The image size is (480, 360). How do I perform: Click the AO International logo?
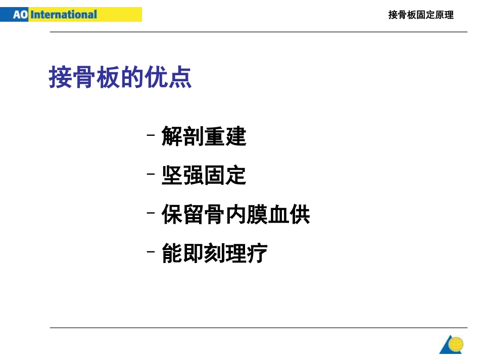pyautogui.click(x=71, y=14)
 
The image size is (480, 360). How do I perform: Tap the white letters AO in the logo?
pyautogui.click(x=20, y=14)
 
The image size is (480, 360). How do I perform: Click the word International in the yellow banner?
pyautogui.click(x=64, y=14)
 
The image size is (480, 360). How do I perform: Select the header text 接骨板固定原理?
pyautogui.click(x=421, y=15)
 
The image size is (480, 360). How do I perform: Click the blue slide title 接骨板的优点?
pyautogui.click(x=120, y=77)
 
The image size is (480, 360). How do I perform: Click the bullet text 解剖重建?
pyautogui.click(x=204, y=136)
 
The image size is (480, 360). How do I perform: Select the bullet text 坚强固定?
pyautogui.click(x=204, y=175)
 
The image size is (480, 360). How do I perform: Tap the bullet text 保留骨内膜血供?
pyautogui.click(x=235, y=215)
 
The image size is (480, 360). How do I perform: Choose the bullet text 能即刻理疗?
pyautogui.click(x=214, y=253)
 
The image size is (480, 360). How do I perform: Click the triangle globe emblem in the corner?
pyautogui.click(x=451, y=344)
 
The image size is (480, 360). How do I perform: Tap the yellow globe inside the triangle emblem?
pyautogui.click(x=456, y=344)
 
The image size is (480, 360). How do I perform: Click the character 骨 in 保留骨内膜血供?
pyautogui.click(x=214, y=215)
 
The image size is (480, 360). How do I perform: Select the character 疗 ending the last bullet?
pyautogui.click(x=257, y=253)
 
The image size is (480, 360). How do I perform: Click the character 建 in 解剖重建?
pyautogui.click(x=235, y=136)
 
